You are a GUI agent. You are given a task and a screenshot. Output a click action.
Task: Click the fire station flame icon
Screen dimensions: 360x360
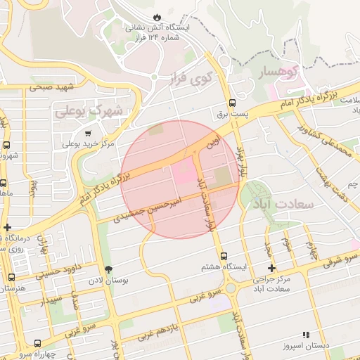click(156, 17)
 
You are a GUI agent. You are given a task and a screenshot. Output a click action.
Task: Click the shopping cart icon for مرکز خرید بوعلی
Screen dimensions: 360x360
click(88, 133)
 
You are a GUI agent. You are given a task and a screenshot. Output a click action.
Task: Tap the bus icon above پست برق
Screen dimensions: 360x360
click(232, 101)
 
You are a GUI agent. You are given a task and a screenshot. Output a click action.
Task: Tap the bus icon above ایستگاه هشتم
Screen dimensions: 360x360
click(224, 257)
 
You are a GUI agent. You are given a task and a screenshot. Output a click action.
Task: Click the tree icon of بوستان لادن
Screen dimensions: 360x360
click(108, 269)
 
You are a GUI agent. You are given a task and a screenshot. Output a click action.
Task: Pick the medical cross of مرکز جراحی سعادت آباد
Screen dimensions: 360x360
click(272, 269)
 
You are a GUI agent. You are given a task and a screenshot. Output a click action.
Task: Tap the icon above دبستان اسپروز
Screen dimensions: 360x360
click(305, 335)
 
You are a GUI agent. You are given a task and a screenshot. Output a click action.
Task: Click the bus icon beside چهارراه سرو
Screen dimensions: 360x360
click(37, 345)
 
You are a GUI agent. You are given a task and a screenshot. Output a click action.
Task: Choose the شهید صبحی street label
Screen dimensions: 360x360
click(51, 88)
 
